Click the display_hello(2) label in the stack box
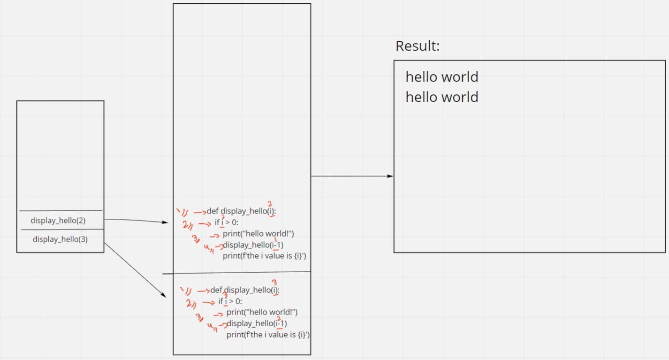[58, 221]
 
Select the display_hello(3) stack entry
[60, 239]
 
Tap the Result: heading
[418, 46]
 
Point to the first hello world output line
[441, 77]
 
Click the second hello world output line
[441, 97]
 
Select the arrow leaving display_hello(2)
[136, 220]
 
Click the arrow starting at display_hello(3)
[135, 270]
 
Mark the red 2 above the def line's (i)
[270, 204]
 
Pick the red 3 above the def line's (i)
[274, 283]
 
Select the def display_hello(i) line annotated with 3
[244, 290]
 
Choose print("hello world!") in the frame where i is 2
[258, 234]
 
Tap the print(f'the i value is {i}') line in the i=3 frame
[268, 335]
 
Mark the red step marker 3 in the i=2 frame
[196, 238]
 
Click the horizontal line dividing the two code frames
[237, 272]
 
